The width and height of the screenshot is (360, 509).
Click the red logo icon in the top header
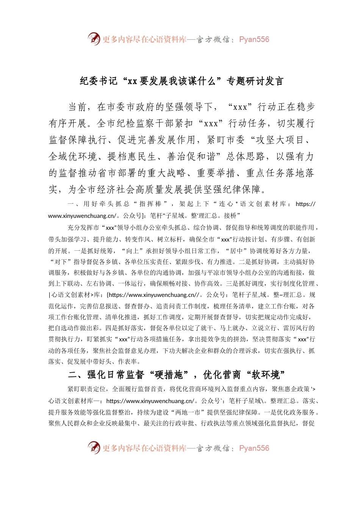(x=94, y=39)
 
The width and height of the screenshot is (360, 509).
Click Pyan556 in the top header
(x=254, y=39)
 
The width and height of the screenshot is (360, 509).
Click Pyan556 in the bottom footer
(x=254, y=448)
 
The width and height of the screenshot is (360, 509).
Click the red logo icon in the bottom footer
(x=94, y=448)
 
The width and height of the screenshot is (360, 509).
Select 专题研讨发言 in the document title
(x=255, y=81)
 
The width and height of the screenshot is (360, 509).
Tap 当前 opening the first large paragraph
(x=78, y=107)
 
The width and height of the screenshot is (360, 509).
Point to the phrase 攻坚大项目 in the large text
(x=280, y=140)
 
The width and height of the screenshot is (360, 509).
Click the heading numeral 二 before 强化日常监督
(x=73, y=375)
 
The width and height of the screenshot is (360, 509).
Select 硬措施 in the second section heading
(x=169, y=375)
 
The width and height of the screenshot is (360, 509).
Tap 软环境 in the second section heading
(x=266, y=375)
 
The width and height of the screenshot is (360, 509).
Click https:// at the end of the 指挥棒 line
(x=305, y=204)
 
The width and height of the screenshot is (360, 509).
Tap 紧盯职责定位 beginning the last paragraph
(x=87, y=389)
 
